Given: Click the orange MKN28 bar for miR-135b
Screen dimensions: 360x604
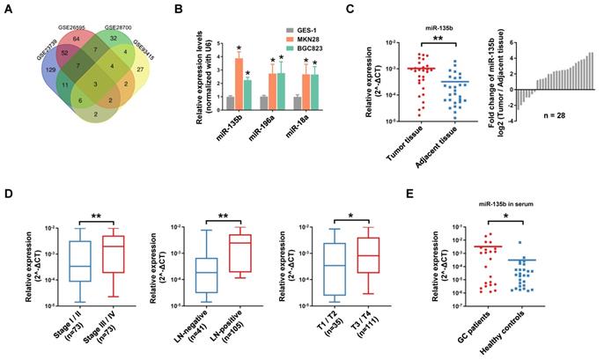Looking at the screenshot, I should click(238, 78).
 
